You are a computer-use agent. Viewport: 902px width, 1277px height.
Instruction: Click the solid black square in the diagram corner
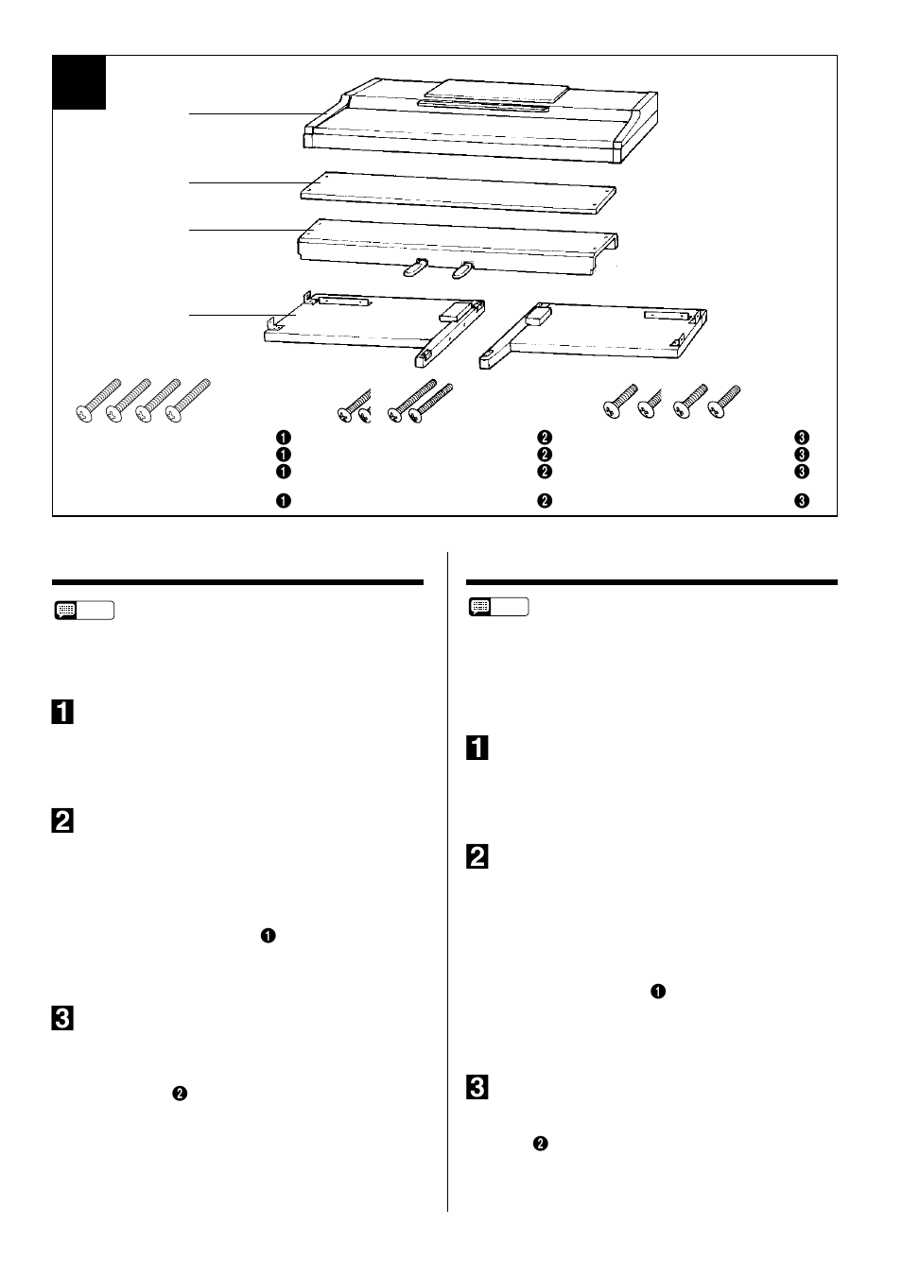coord(79,82)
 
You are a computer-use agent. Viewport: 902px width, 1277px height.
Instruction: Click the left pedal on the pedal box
coord(416,267)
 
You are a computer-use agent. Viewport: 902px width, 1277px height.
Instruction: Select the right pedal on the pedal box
coord(463,269)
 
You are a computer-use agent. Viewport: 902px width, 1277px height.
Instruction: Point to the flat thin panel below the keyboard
coord(459,193)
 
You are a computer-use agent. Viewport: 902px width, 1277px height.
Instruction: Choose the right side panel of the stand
coord(593,336)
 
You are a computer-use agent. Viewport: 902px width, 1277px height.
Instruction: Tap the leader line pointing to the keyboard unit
coord(255,114)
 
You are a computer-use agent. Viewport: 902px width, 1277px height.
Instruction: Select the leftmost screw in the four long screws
coord(98,400)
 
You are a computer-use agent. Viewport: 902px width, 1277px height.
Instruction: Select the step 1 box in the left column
coord(62,712)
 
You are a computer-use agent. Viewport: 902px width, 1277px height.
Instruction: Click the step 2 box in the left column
coord(62,820)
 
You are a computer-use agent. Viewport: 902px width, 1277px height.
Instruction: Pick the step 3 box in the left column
coord(62,1019)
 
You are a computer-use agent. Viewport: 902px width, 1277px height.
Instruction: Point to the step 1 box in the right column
coord(477,748)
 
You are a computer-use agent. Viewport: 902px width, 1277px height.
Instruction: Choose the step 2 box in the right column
coord(477,856)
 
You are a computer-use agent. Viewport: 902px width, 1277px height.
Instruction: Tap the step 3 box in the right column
coord(477,1087)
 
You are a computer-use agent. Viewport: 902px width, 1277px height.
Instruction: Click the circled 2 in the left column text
coord(180,1094)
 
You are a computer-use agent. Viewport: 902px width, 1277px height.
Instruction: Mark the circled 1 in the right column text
coord(658,992)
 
